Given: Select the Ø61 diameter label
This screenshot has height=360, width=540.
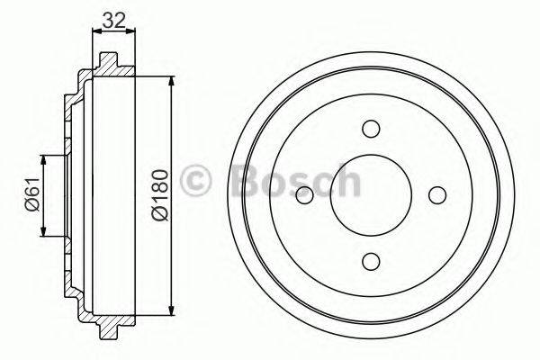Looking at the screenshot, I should (x=30, y=195).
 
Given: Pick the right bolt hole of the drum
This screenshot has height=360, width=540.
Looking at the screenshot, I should (x=437, y=194).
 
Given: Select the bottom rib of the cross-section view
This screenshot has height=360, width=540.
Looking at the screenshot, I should (x=109, y=327).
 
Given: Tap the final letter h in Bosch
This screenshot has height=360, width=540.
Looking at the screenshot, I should (x=346, y=181).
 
